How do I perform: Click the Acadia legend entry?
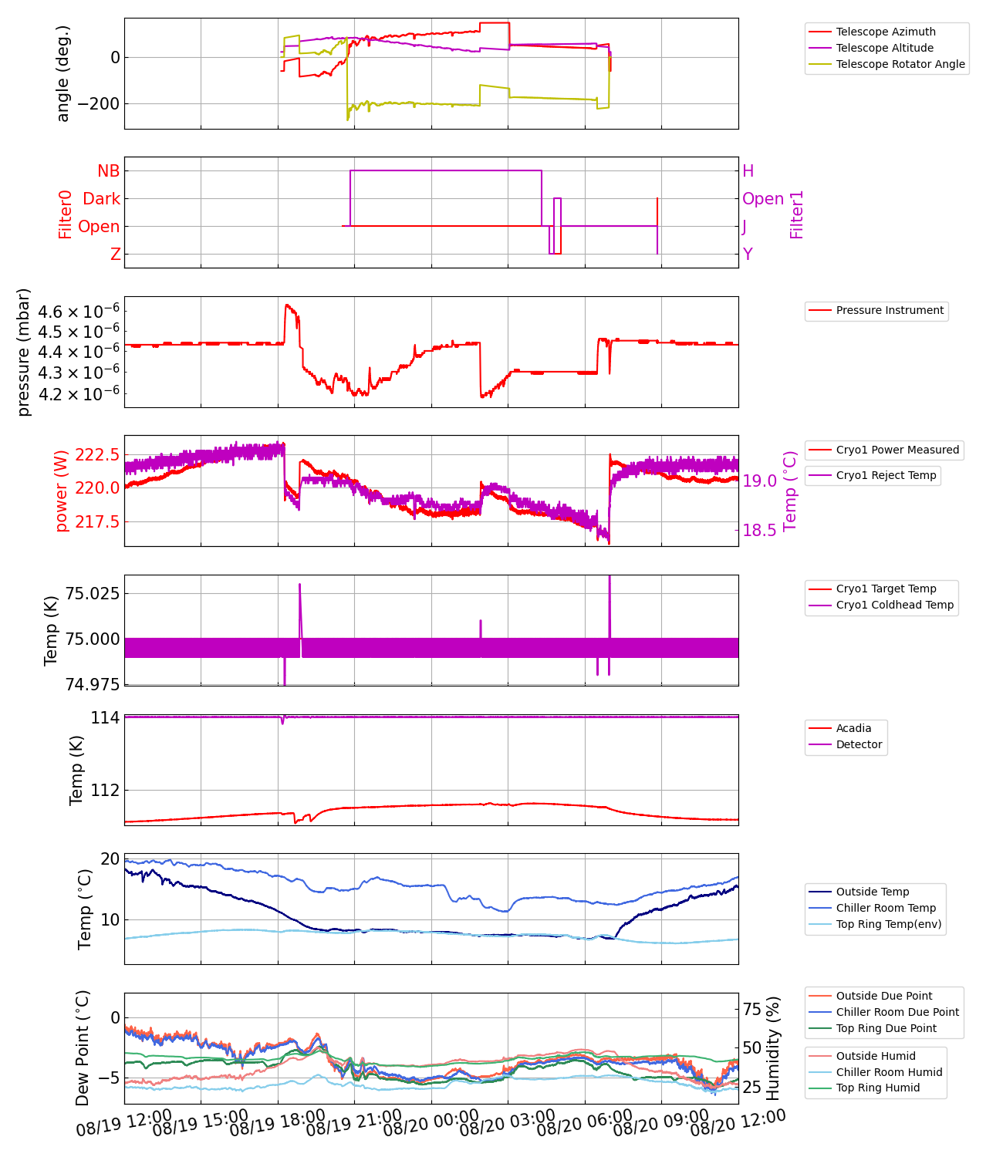coord(853,728)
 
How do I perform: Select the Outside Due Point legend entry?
coord(884,996)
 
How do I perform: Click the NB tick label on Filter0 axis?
coord(109,171)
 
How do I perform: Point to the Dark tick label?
coord(102,199)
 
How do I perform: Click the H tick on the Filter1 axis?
coord(748,171)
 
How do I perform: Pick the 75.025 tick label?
coord(93,593)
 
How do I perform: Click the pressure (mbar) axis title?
coord(24,352)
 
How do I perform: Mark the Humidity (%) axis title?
coord(774,1047)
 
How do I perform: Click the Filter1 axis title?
coord(797,214)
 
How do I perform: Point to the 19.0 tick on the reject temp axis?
coord(759,481)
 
